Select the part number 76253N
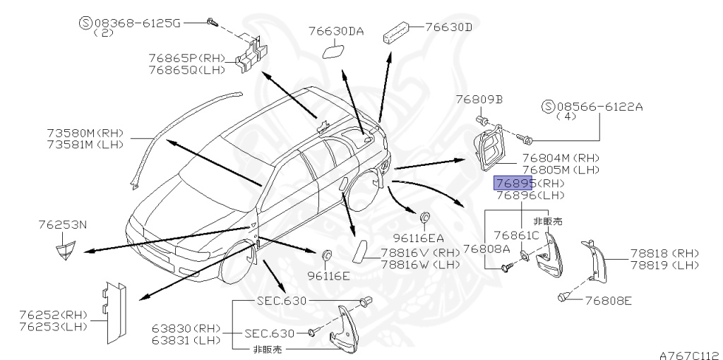click(x=63, y=224)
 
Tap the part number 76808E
click(x=608, y=301)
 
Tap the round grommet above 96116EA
click(x=425, y=216)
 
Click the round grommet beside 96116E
click(x=328, y=254)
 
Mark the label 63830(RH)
click(x=185, y=328)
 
